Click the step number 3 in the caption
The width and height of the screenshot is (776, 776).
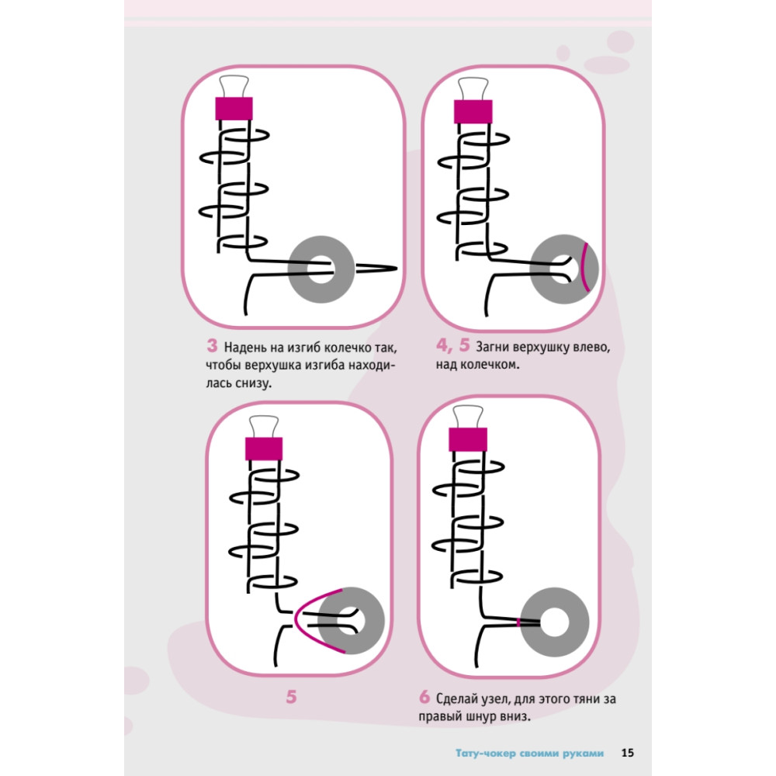pyautogui.click(x=210, y=345)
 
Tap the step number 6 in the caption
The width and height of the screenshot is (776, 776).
pyautogui.click(x=424, y=697)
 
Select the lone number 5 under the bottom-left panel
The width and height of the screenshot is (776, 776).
pyautogui.click(x=291, y=697)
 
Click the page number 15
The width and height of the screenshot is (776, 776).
pyautogui.click(x=628, y=753)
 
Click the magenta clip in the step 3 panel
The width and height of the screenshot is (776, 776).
pyautogui.click(x=235, y=108)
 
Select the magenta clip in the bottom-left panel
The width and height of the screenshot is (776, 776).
pyautogui.click(x=264, y=449)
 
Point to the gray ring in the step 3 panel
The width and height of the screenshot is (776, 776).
pyautogui.click(x=320, y=270)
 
